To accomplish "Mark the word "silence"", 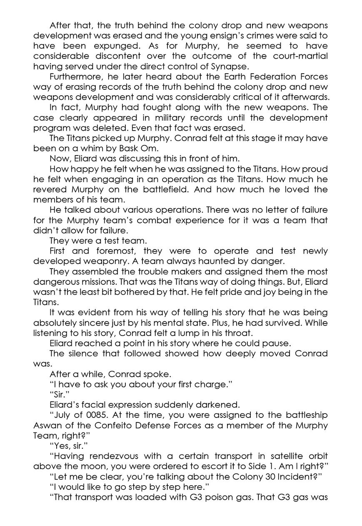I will pos(81,353).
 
